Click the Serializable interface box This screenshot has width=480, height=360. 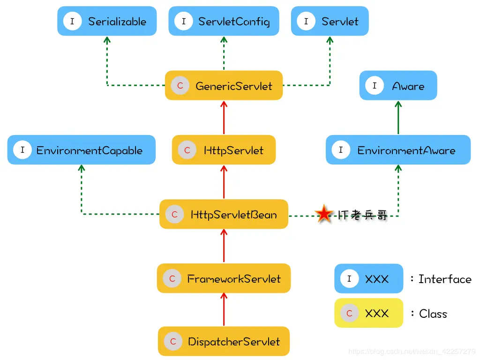(x=107, y=21)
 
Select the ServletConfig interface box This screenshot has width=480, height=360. (x=224, y=21)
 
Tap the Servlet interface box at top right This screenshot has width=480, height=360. (x=330, y=21)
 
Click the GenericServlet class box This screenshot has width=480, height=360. (x=224, y=86)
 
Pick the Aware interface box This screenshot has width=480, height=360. (x=398, y=86)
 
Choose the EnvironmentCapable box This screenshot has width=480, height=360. (x=81, y=150)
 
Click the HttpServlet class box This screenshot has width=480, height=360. (x=224, y=150)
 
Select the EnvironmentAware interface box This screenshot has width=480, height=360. (x=398, y=150)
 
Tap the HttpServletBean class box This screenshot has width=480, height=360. (x=224, y=214)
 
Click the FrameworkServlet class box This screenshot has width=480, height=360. (x=224, y=278)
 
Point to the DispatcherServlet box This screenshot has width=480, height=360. (x=224, y=341)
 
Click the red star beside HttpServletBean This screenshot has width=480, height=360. (x=323, y=214)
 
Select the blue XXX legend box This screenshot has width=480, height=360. (x=368, y=279)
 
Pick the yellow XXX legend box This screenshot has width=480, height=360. (x=368, y=313)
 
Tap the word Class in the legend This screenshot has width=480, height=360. (x=433, y=314)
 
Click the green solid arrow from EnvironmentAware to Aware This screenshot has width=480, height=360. (x=398, y=117)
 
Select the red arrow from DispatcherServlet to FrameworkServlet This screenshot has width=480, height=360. (x=224, y=309)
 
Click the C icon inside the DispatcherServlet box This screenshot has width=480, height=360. (x=173, y=341)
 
